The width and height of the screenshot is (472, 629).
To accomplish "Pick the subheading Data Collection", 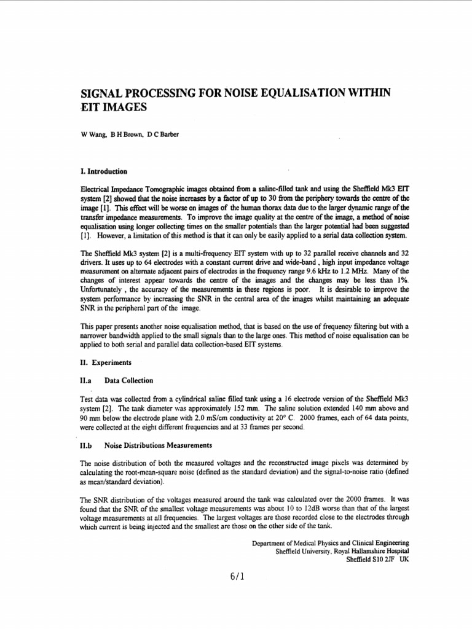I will (128, 381).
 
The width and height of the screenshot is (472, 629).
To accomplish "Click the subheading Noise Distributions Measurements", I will (158, 445).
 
